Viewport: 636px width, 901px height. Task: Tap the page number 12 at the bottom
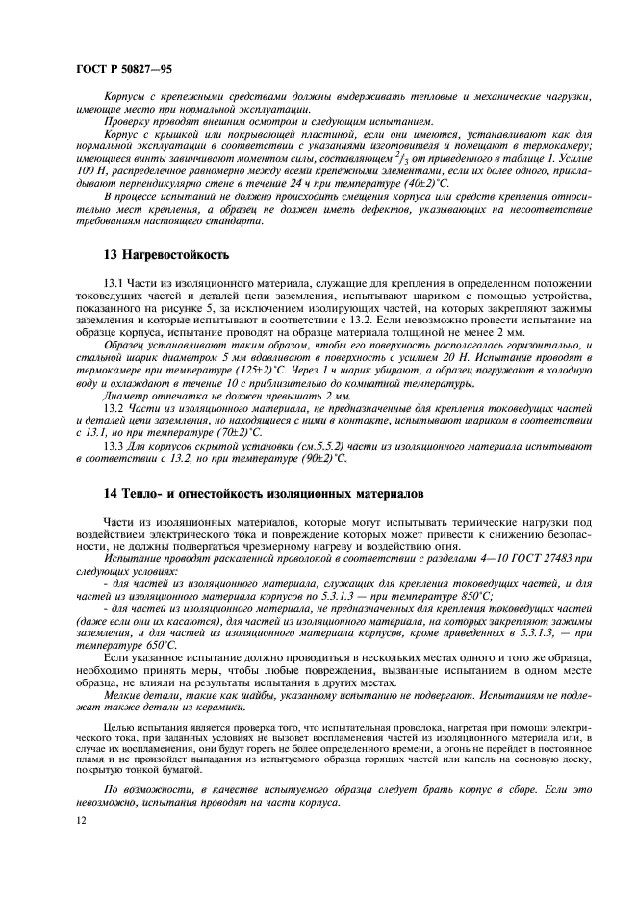[80, 819]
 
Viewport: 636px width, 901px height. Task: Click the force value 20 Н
[459, 356]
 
